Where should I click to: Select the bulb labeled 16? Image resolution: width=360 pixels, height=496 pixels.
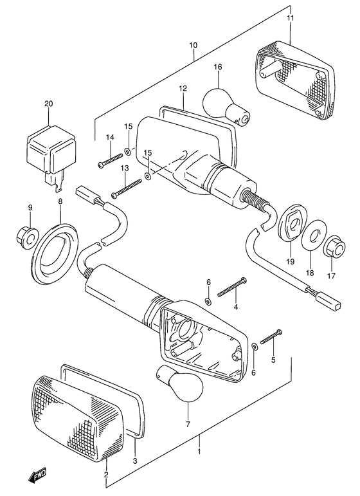(226, 106)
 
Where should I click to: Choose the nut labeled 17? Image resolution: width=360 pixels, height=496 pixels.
(334, 247)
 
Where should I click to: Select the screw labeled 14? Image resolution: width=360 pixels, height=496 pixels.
(110, 161)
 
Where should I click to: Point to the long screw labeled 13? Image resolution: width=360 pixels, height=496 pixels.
(127, 189)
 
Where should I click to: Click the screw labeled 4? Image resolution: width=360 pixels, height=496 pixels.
(232, 287)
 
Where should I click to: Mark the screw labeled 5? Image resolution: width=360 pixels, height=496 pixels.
(271, 337)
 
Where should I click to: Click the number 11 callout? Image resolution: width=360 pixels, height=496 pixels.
(291, 18)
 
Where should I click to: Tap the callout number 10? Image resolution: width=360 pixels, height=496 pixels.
(194, 45)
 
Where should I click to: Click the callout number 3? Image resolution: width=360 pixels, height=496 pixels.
(135, 461)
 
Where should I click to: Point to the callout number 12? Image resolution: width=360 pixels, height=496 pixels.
(183, 88)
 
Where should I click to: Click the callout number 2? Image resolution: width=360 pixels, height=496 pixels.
(106, 475)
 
